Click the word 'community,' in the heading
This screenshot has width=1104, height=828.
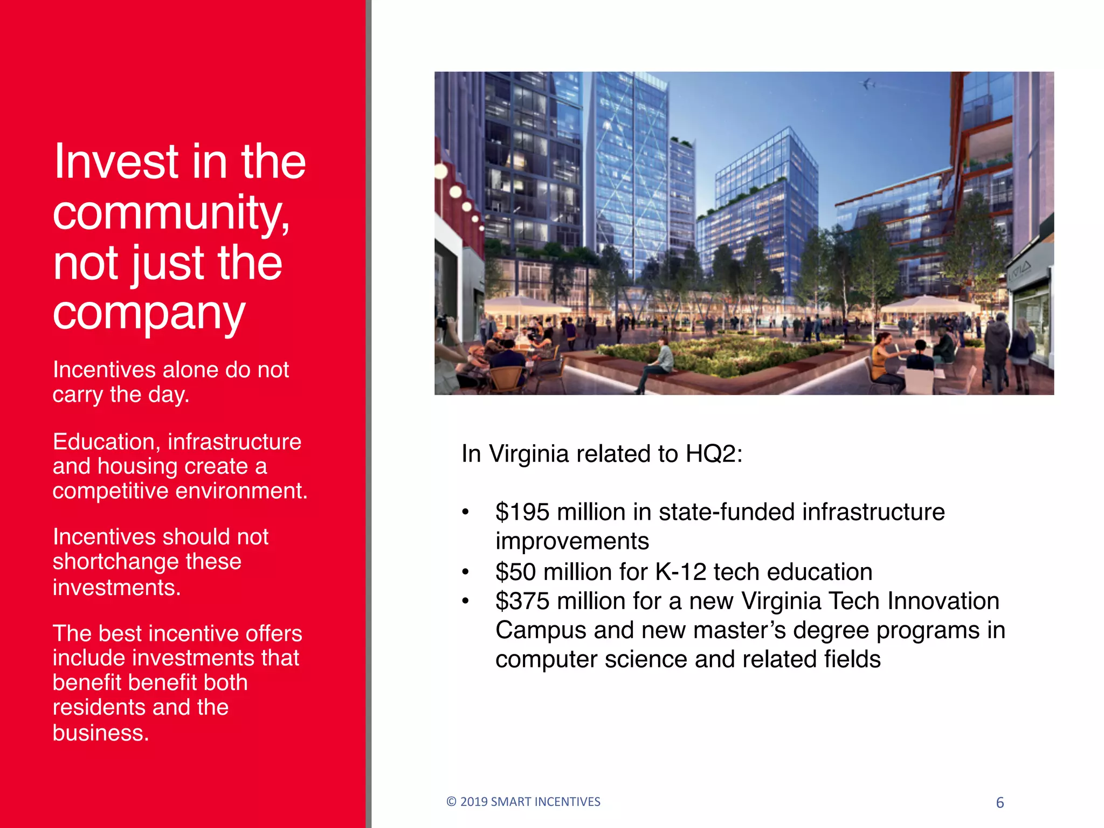coord(171,213)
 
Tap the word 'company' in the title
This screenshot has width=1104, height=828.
coord(149,314)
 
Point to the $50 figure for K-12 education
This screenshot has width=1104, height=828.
coord(515,572)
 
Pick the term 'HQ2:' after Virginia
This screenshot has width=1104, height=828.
coord(714,454)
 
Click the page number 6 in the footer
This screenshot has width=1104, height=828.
coord(999,803)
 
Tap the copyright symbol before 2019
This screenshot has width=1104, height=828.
coord(451,802)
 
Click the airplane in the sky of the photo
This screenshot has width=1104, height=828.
coord(868,84)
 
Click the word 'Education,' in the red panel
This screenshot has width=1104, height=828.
coord(107,442)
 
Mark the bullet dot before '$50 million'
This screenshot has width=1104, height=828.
coord(466,572)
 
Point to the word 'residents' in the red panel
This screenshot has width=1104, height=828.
coord(93,707)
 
